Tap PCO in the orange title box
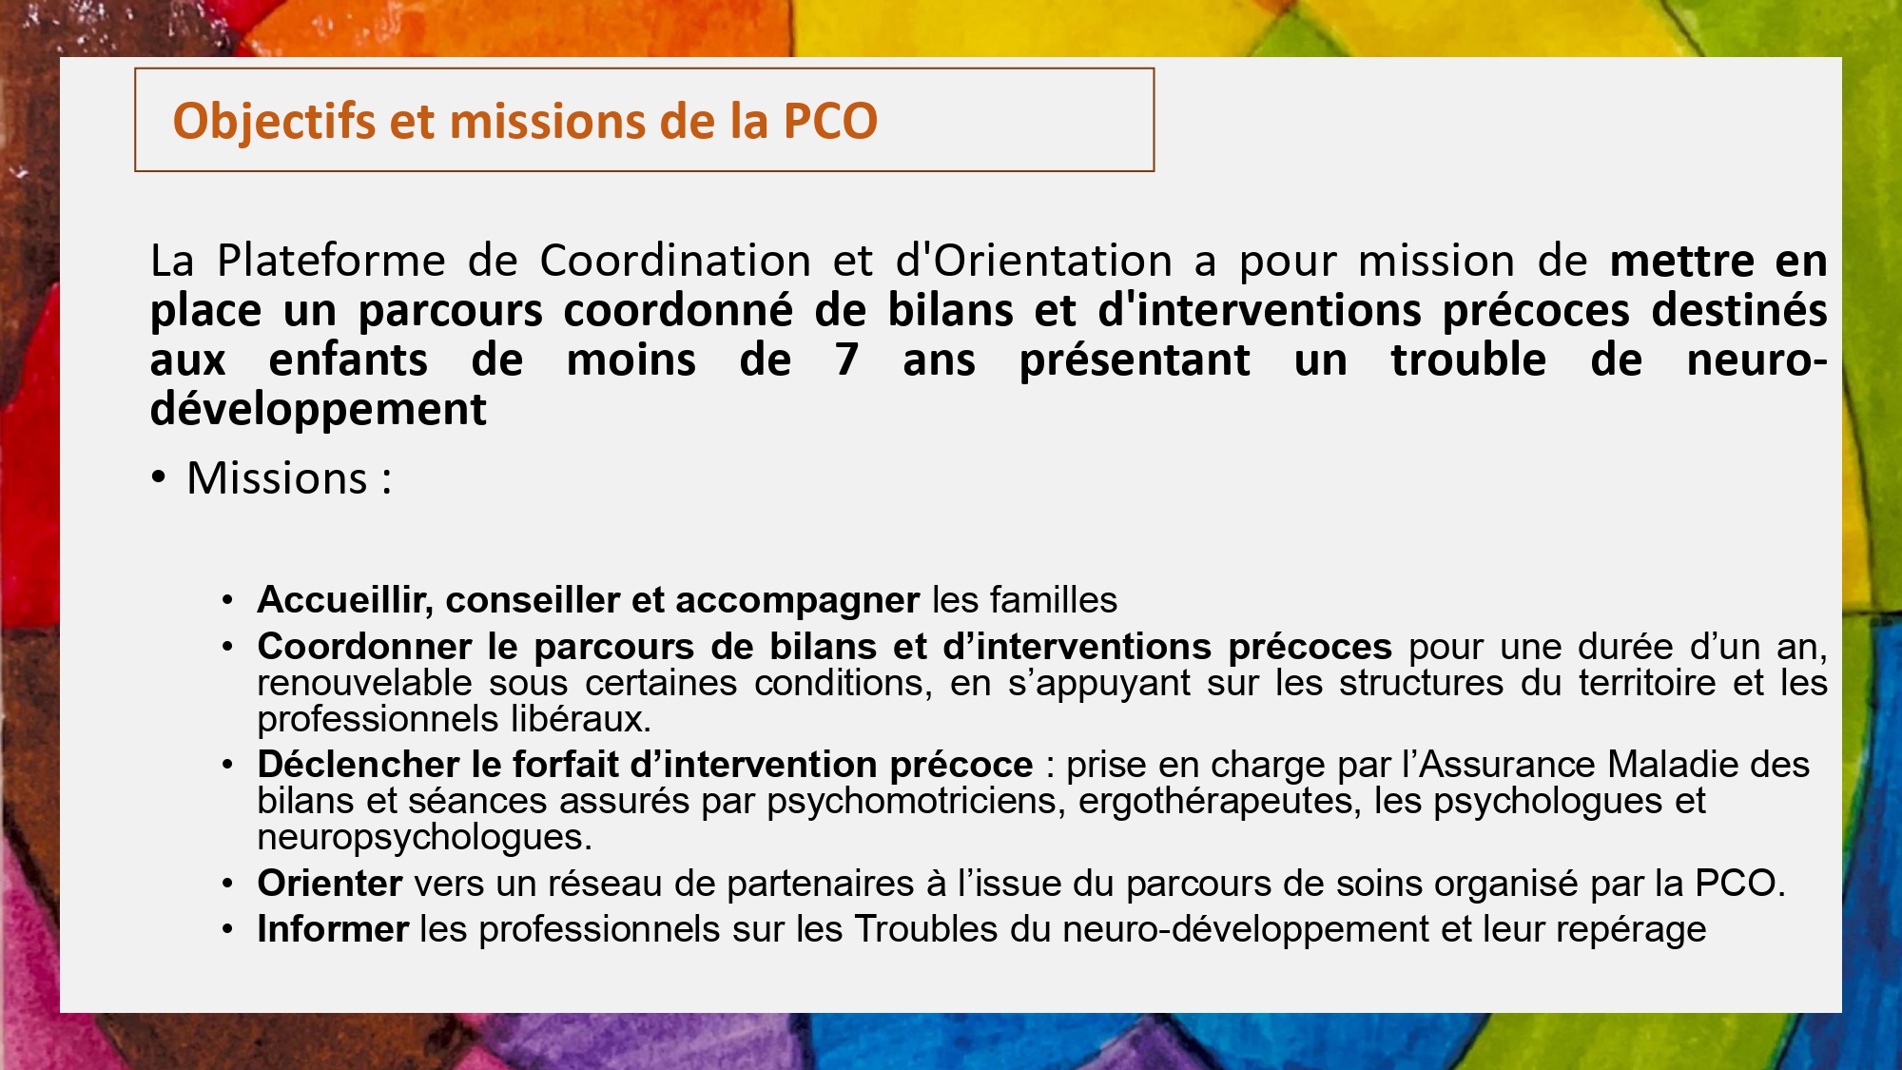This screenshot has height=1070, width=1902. pyautogui.click(x=830, y=121)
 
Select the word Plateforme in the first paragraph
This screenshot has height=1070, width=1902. pyautogui.click(x=331, y=261)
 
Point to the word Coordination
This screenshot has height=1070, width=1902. pyautogui.click(x=675, y=261)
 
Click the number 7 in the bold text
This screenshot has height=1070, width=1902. pyautogui.click(x=847, y=360)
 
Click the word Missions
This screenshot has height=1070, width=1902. pyautogui.click(x=277, y=477)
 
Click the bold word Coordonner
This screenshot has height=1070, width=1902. pyautogui.click(x=364, y=647)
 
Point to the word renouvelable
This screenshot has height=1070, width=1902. pyautogui.click(x=364, y=683)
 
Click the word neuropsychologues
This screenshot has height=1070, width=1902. pyautogui.click(x=424, y=838)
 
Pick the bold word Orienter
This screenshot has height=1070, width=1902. pyautogui.click(x=330, y=884)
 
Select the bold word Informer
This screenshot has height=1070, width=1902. pyautogui.click(x=333, y=929)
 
